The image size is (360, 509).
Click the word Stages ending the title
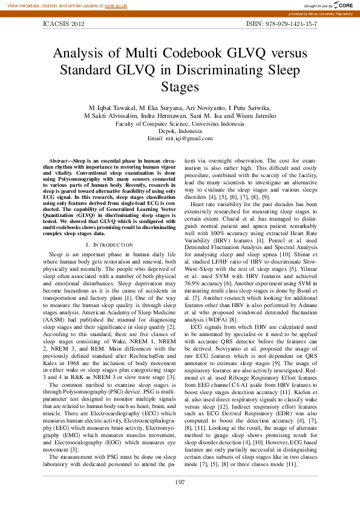[180, 86]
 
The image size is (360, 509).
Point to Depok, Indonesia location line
[180, 131]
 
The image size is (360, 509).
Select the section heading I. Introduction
[105, 244]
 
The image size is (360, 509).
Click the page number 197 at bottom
[180, 481]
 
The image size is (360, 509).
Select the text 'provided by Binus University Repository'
[320, 13]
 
